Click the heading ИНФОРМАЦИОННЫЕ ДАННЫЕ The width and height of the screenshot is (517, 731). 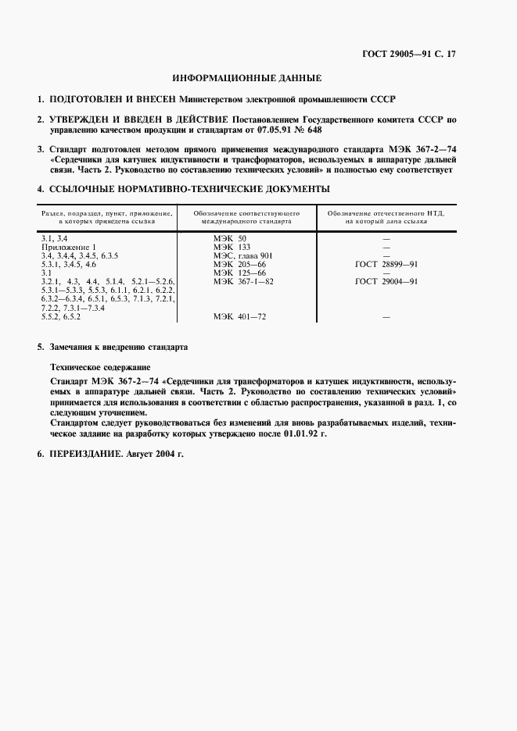pos(246,78)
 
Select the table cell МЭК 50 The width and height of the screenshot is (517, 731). pos(230,237)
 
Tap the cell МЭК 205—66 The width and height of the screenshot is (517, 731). pos(239,265)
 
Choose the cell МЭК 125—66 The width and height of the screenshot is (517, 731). pos(239,273)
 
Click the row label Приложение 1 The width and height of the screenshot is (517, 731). pos(68,247)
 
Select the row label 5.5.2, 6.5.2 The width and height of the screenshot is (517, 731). pos(61,318)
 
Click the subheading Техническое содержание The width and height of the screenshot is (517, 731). pos(101,365)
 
